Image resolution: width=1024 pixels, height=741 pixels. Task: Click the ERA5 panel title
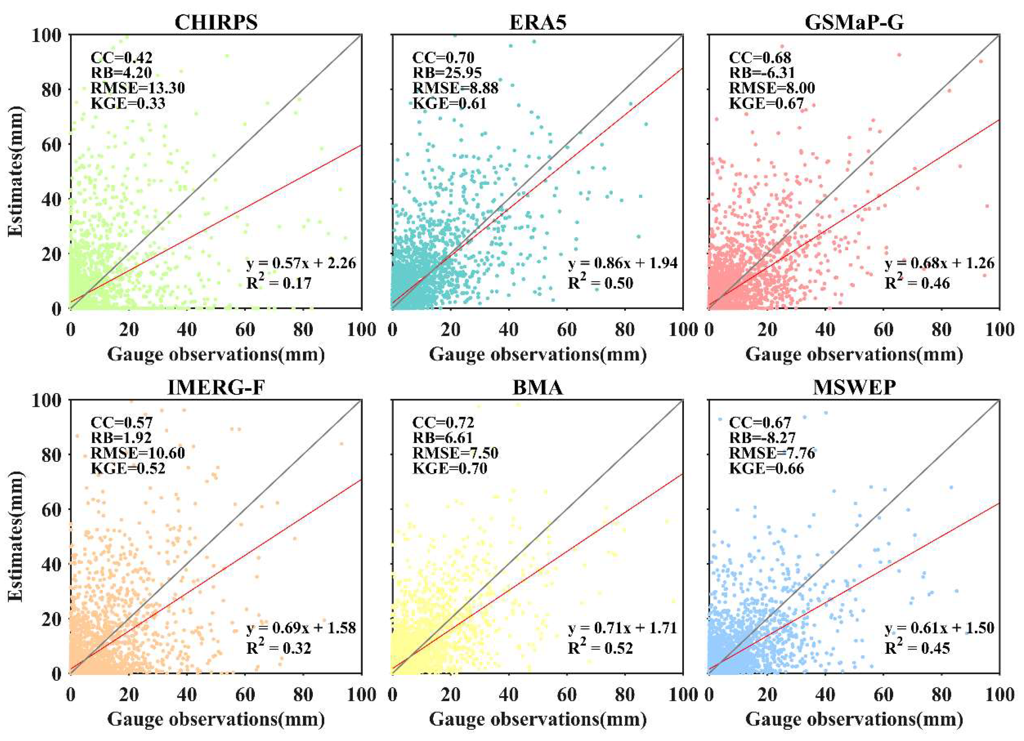point(537,23)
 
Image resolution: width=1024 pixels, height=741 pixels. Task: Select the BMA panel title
point(537,387)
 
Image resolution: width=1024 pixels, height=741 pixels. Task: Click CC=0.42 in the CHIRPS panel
point(121,58)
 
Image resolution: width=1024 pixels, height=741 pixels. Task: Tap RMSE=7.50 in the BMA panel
point(455,453)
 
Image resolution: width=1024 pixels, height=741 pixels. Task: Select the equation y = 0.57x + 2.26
point(301,263)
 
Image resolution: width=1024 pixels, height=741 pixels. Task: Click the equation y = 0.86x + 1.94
point(623,263)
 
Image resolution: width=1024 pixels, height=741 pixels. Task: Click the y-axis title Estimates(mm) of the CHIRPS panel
point(16,172)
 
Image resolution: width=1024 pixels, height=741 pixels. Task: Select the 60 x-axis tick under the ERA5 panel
point(567,330)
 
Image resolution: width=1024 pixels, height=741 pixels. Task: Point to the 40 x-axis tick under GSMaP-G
point(825,330)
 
